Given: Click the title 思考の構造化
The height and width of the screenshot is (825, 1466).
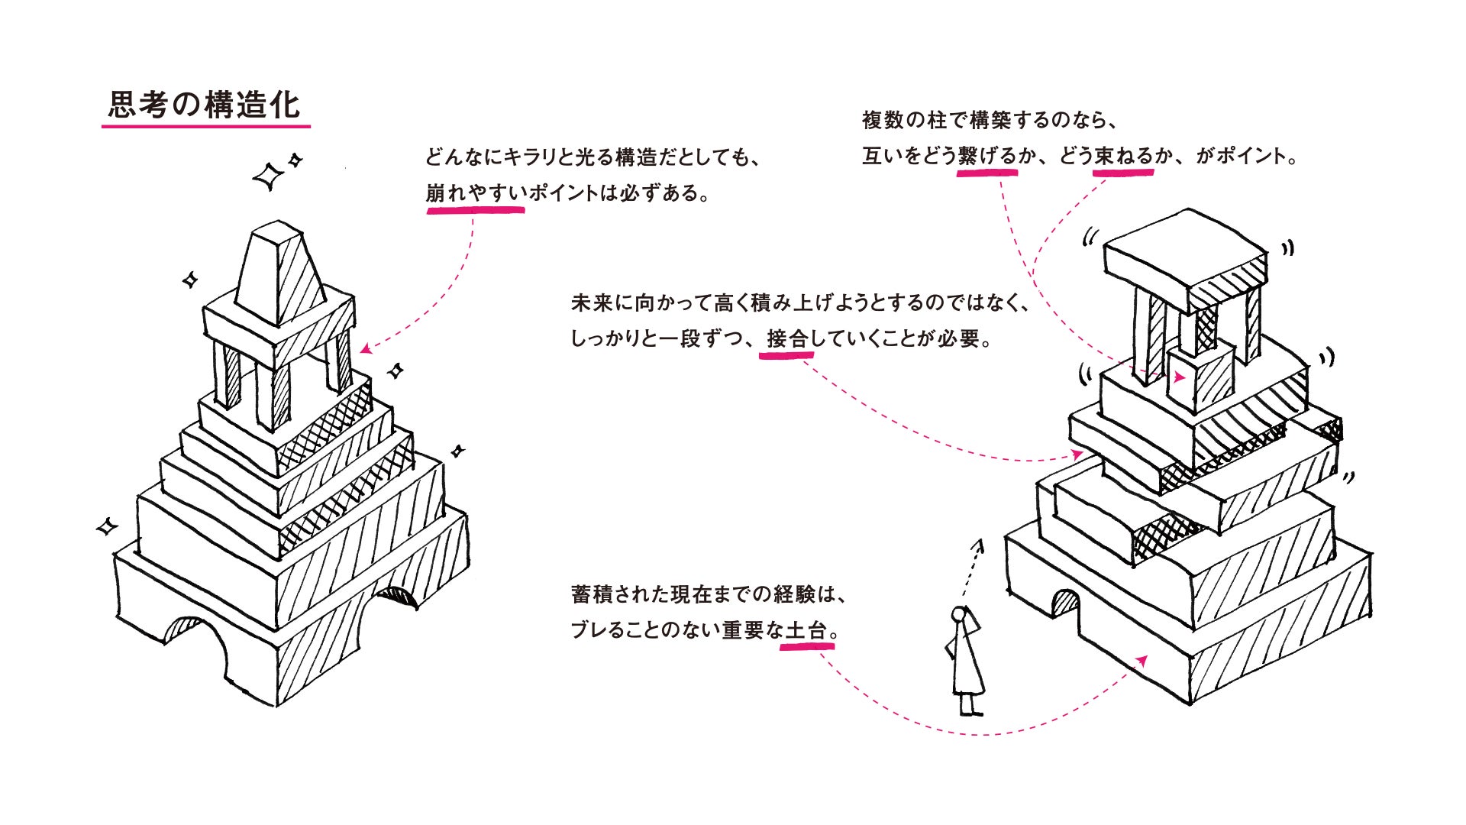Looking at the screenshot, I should pos(205,105).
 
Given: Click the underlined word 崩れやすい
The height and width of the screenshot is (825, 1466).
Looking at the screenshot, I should pos(476,193).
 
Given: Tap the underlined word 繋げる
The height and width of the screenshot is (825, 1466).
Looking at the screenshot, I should pos(987,157).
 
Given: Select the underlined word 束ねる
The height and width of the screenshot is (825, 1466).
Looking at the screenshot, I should pos(1122,157).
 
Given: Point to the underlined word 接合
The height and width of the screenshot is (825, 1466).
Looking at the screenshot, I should pos(787,338).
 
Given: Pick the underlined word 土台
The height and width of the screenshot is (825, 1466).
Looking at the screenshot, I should pos(806,631).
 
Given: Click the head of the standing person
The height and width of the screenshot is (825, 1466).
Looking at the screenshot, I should pos(959,615).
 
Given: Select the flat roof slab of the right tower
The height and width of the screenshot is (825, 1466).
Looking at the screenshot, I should pos(1183,256).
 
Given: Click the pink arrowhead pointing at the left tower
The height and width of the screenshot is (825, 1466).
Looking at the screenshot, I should pos(366,349).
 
